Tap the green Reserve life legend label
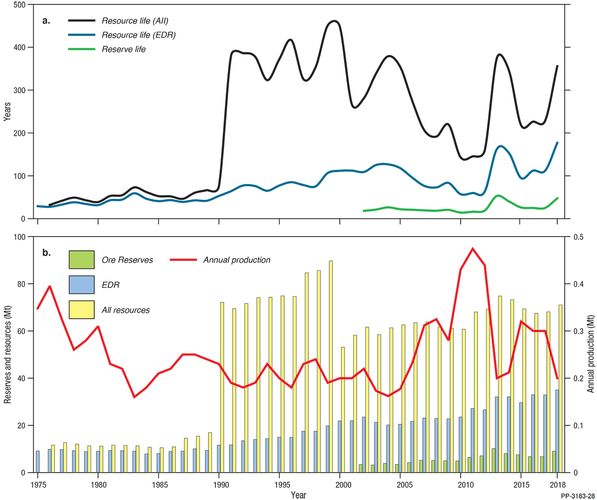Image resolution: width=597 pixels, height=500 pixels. (123, 49)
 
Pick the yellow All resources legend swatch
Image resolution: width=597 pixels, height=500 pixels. (81, 310)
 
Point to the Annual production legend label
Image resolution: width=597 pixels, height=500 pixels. (237, 260)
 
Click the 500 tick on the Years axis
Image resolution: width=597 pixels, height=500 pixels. (19, 4)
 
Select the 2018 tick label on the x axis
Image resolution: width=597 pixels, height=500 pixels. (557, 484)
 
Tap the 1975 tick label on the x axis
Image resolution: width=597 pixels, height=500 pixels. (37, 484)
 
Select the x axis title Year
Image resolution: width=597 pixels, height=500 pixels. (298, 495)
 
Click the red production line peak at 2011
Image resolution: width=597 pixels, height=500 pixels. (473, 248)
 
